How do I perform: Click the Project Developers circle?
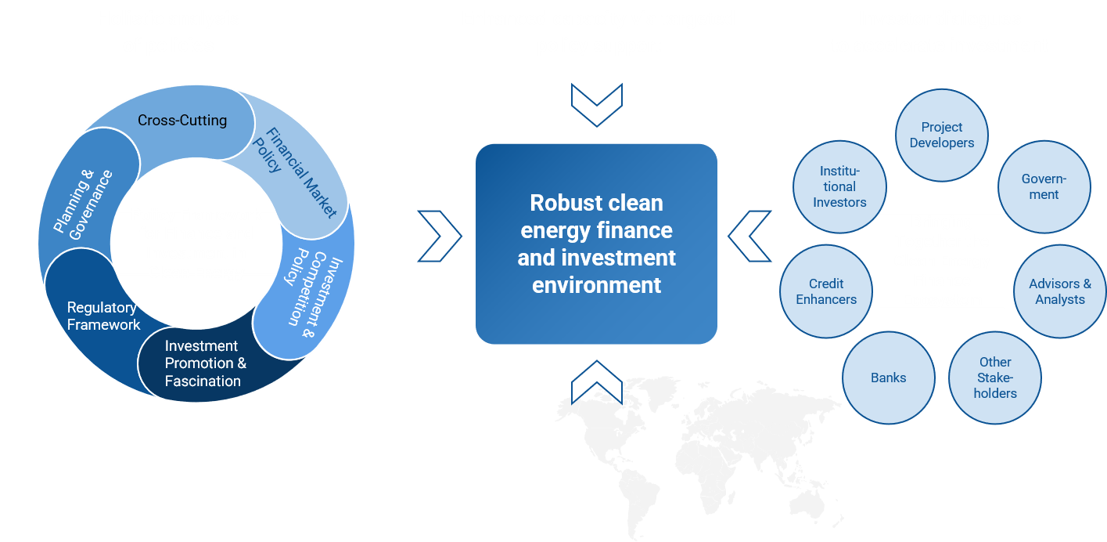(941, 135)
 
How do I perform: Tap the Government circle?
(1044, 186)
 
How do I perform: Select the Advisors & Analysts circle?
(1060, 291)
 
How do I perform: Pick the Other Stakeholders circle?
(995, 378)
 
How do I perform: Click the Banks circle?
(889, 378)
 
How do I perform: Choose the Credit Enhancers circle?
(826, 291)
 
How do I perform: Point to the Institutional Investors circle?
(839, 186)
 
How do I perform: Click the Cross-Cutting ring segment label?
(182, 121)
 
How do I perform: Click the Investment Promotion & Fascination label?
(205, 363)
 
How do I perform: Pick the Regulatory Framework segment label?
(103, 316)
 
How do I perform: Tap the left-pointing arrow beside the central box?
(750, 236)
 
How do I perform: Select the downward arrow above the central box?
(596, 105)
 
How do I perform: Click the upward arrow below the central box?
(596, 381)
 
